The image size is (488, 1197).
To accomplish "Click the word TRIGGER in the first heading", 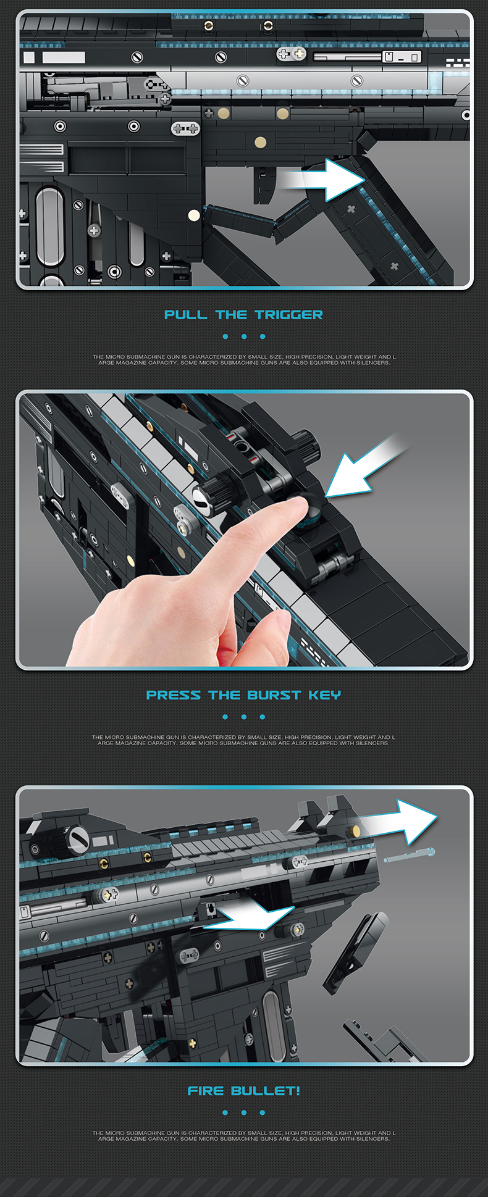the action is point(288,315).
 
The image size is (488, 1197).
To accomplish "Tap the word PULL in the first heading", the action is point(186,315).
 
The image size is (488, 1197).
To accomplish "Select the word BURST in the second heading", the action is point(274,695).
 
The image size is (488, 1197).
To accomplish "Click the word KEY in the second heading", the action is point(324,695).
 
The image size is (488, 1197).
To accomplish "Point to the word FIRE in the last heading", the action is point(206,1091).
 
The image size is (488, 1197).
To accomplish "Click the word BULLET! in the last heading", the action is point(266,1091).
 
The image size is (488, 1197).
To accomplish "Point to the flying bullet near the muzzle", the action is point(409,855).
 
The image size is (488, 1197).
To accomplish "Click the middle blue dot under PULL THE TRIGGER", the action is point(244,336).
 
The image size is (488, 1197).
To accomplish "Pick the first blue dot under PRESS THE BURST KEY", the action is point(225,717).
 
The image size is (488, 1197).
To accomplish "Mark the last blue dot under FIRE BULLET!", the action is point(263,1112).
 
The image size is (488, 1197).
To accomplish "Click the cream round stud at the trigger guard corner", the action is point(194,215).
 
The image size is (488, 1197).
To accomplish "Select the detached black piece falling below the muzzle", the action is point(355,951).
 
